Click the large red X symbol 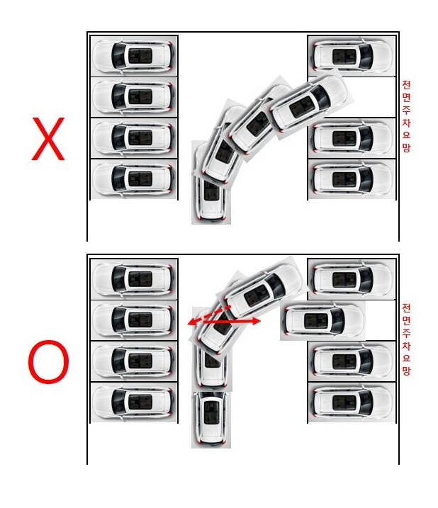tap(48, 139)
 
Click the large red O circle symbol tap(49, 361)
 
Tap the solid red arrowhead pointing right tap(255, 321)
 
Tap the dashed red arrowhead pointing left tap(192, 322)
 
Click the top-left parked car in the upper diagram tap(133, 56)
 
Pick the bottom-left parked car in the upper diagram tap(133, 179)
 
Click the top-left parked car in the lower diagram tap(133, 279)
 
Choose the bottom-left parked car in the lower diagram tap(133, 402)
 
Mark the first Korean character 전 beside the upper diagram tap(406, 85)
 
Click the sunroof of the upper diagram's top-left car tap(140, 56)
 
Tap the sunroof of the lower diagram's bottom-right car tap(344, 402)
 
